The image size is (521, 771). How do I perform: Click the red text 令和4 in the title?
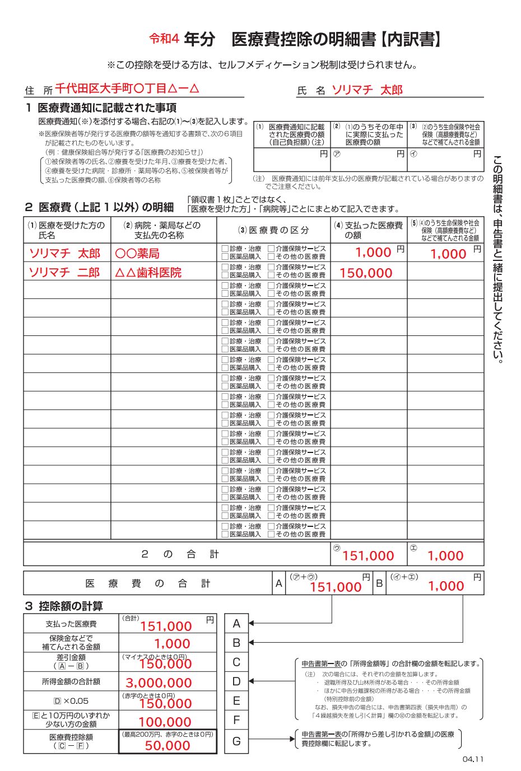(x=164, y=39)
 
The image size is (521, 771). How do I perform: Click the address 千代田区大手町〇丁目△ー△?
(x=127, y=88)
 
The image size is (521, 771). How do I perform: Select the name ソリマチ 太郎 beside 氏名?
(x=367, y=90)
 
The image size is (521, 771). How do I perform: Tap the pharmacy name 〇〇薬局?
(x=137, y=253)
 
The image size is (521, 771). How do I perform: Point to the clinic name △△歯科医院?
(x=148, y=272)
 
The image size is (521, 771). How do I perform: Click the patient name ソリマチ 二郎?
(x=64, y=272)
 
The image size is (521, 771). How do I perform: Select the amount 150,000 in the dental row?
(x=366, y=273)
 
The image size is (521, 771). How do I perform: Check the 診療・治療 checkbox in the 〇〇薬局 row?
(x=225, y=249)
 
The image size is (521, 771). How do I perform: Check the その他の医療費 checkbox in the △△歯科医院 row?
(x=271, y=275)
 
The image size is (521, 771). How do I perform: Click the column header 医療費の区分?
(x=273, y=230)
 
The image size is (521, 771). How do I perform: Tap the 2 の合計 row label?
(x=179, y=554)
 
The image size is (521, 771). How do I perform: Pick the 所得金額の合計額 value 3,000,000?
(x=159, y=683)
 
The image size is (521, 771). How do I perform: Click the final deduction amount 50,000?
(x=168, y=745)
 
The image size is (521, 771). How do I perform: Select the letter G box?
(x=236, y=741)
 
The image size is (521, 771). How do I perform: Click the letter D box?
(x=236, y=681)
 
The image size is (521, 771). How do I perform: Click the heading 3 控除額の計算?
(x=64, y=606)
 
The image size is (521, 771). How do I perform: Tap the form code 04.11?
(x=473, y=759)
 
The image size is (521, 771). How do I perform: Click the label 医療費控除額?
(x=71, y=737)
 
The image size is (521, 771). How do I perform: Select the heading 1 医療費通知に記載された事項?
(x=101, y=108)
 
